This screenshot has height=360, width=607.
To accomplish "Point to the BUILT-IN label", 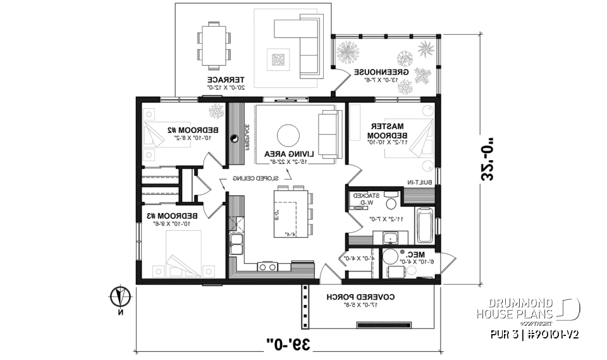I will [419, 182].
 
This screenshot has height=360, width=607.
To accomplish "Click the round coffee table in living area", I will [289, 135].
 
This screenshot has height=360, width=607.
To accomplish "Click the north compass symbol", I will [120, 296].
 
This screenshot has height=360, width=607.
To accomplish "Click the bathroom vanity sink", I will [389, 239].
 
